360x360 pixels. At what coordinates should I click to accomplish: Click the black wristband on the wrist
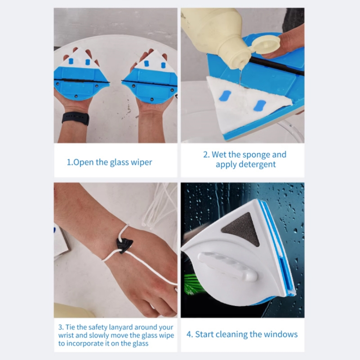75,118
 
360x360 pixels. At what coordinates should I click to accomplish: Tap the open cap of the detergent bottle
266,44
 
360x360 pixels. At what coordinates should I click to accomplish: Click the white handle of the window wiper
227,266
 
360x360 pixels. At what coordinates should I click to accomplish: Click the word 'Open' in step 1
84,162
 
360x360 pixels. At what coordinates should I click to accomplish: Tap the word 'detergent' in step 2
246,164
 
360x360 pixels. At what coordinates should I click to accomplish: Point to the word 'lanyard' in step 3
120,327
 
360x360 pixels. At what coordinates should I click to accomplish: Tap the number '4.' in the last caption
189,334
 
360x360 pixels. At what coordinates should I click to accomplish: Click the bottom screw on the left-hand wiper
76,97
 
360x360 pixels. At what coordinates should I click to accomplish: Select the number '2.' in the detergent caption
207,155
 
